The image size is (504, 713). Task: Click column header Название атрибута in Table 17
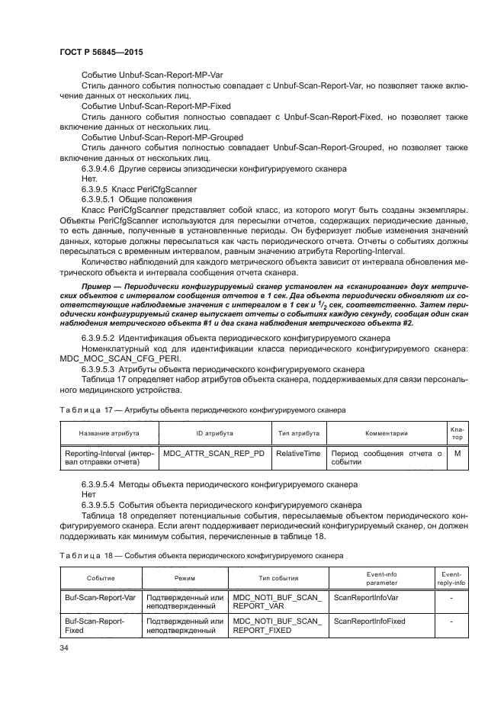tap(108, 433)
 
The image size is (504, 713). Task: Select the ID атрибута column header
tap(204, 433)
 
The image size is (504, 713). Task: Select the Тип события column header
tap(278, 579)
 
